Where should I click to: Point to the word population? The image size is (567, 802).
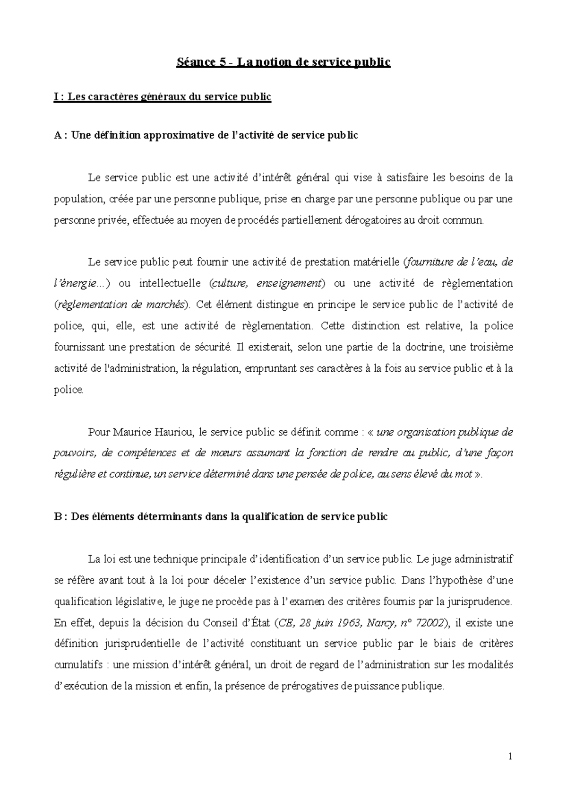coord(78,199)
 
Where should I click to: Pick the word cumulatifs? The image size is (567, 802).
coord(78,665)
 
